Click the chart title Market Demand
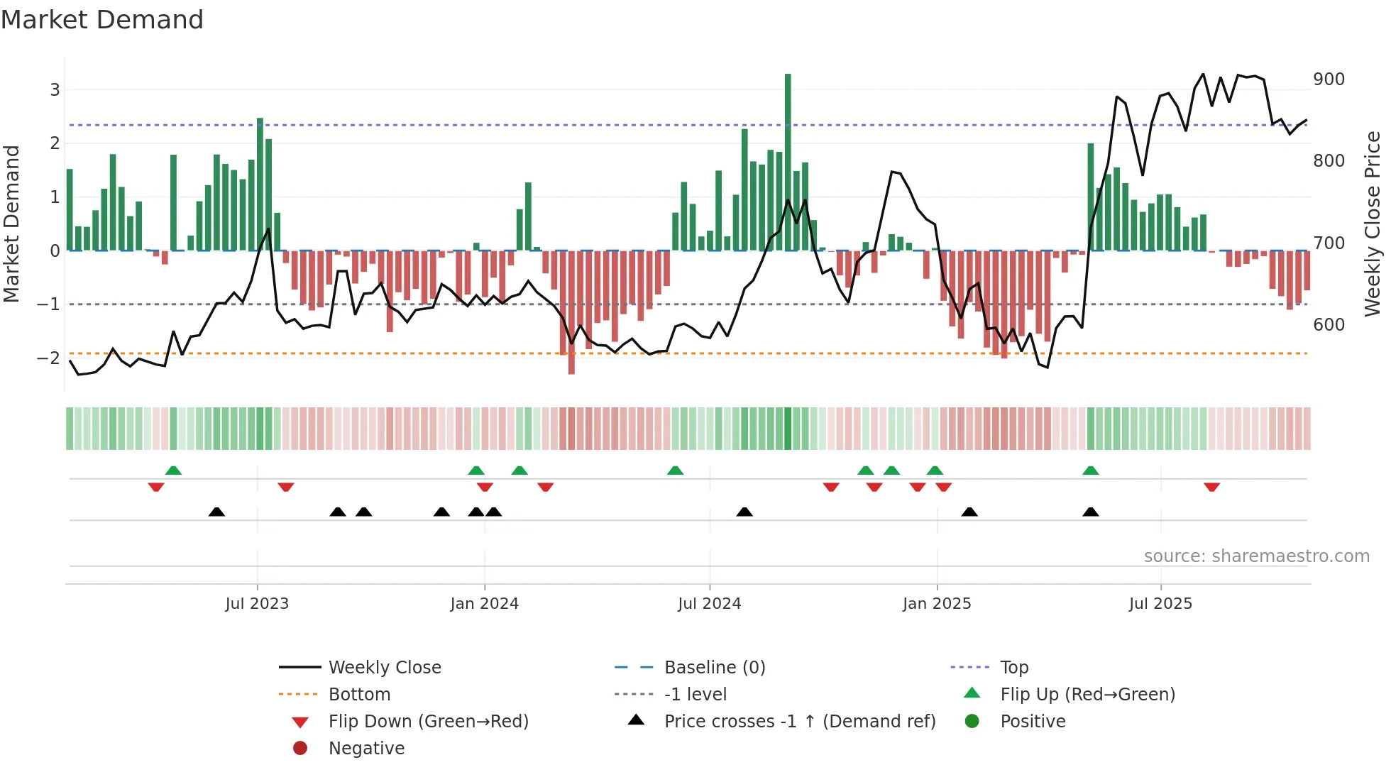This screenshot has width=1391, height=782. pos(102,20)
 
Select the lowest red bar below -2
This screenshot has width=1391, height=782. pos(571,312)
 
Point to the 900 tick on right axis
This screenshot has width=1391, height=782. pos(1329,79)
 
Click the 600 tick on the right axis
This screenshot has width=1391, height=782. pos(1329,325)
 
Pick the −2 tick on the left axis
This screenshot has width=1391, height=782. pos(48,358)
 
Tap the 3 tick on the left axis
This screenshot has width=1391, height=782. pos(55,90)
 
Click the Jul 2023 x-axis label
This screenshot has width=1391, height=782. pos(257,604)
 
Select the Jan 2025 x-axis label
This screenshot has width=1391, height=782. pos(937,604)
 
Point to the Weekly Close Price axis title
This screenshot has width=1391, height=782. pos(1373,224)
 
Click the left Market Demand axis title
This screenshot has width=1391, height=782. pos(12,224)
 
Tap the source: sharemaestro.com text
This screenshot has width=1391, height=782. pos(1256,556)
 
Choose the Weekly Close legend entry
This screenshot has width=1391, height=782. pos(385,668)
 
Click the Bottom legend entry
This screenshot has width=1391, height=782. pos(359,695)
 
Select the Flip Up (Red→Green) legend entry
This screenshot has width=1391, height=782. pos(1087,695)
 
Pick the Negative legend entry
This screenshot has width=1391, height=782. pos(366,749)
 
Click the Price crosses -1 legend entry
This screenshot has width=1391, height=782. pos(799,722)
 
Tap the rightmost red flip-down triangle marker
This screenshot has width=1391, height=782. pos(1211,487)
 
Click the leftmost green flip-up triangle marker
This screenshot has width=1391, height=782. pos(173,470)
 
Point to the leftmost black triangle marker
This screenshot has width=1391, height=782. pos(216,512)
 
